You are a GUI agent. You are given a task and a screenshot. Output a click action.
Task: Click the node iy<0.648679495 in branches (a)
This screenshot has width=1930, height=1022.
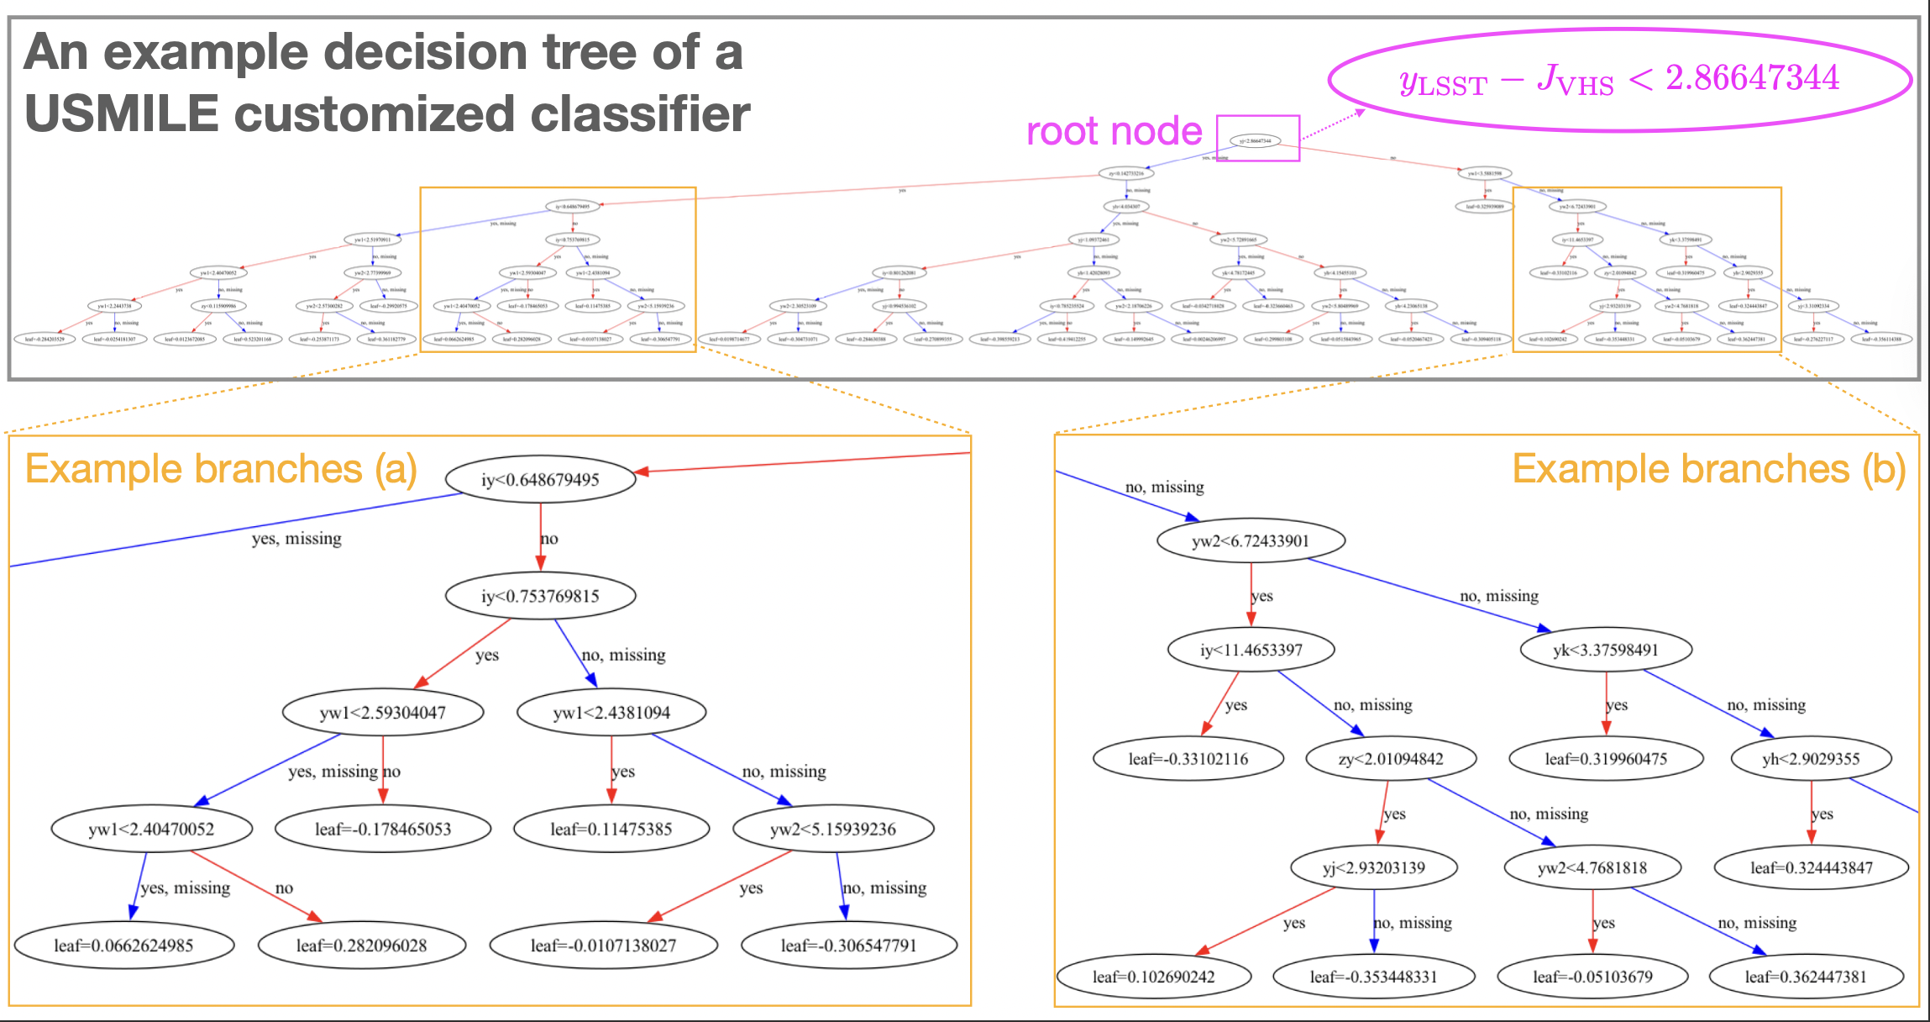pos(539,480)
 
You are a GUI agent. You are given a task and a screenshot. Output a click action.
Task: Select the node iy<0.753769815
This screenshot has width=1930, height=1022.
pos(540,597)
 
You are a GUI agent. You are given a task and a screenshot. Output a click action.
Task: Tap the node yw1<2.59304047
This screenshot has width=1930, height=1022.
pos(383,713)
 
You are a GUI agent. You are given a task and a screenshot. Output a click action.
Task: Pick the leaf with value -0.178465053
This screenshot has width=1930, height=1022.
pos(383,830)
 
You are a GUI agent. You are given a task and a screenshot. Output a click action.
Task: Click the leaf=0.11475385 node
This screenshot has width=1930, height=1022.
pos(611,830)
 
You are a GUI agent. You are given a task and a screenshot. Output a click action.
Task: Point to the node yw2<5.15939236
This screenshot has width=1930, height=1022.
pos(833,830)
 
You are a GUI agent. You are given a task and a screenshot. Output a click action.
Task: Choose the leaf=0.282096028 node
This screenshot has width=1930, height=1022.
pos(361,946)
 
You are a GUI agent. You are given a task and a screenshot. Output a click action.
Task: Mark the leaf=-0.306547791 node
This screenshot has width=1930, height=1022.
pos(848,946)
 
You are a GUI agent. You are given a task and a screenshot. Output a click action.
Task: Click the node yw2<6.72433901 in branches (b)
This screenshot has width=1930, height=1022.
pos(1251,541)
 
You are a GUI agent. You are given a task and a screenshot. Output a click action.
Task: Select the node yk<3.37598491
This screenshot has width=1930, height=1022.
pos(1606,650)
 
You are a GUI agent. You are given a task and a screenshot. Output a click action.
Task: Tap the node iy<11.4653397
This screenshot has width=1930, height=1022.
pos(1251,650)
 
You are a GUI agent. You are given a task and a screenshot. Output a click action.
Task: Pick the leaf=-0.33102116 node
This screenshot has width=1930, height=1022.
pos(1188,759)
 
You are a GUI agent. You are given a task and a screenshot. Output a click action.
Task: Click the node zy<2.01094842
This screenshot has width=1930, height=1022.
pos(1391,759)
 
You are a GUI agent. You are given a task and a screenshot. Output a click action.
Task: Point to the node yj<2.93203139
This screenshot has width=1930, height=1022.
pos(1374,868)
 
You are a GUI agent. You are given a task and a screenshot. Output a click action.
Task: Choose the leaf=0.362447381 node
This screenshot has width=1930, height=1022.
pos(1806,977)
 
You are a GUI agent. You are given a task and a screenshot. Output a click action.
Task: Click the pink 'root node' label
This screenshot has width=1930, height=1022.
pos(1114,132)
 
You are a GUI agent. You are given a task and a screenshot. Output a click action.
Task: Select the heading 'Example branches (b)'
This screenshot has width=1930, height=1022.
pos(1708,469)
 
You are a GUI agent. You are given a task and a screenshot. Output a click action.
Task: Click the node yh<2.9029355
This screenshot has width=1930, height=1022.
pos(1811,759)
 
